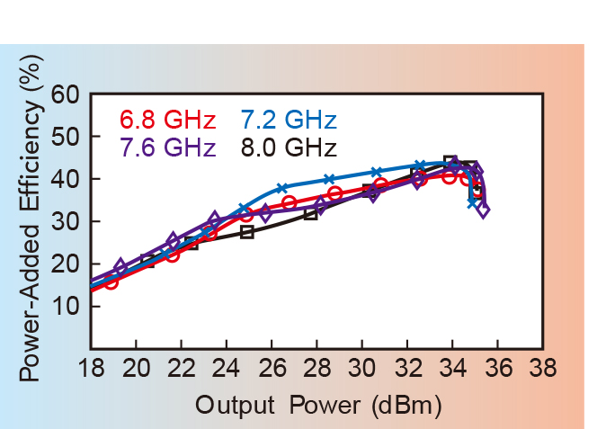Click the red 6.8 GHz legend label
click(x=167, y=121)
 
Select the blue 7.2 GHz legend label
click(x=289, y=121)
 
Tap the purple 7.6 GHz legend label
click(x=167, y=147)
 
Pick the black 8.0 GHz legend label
click(x=289, y=147)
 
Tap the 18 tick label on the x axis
click(x=91, y=370)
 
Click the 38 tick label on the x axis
click(x=542, y=370)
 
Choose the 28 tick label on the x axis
click(x=316, y=370)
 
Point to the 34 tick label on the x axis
click(x=452, y=370)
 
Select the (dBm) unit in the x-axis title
click(x=403, y=406)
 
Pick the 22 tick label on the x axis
click(x=181, y=370)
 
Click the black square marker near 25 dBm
click(x=247, y=232)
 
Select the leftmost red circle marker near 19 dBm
click(x=111, y=282)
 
